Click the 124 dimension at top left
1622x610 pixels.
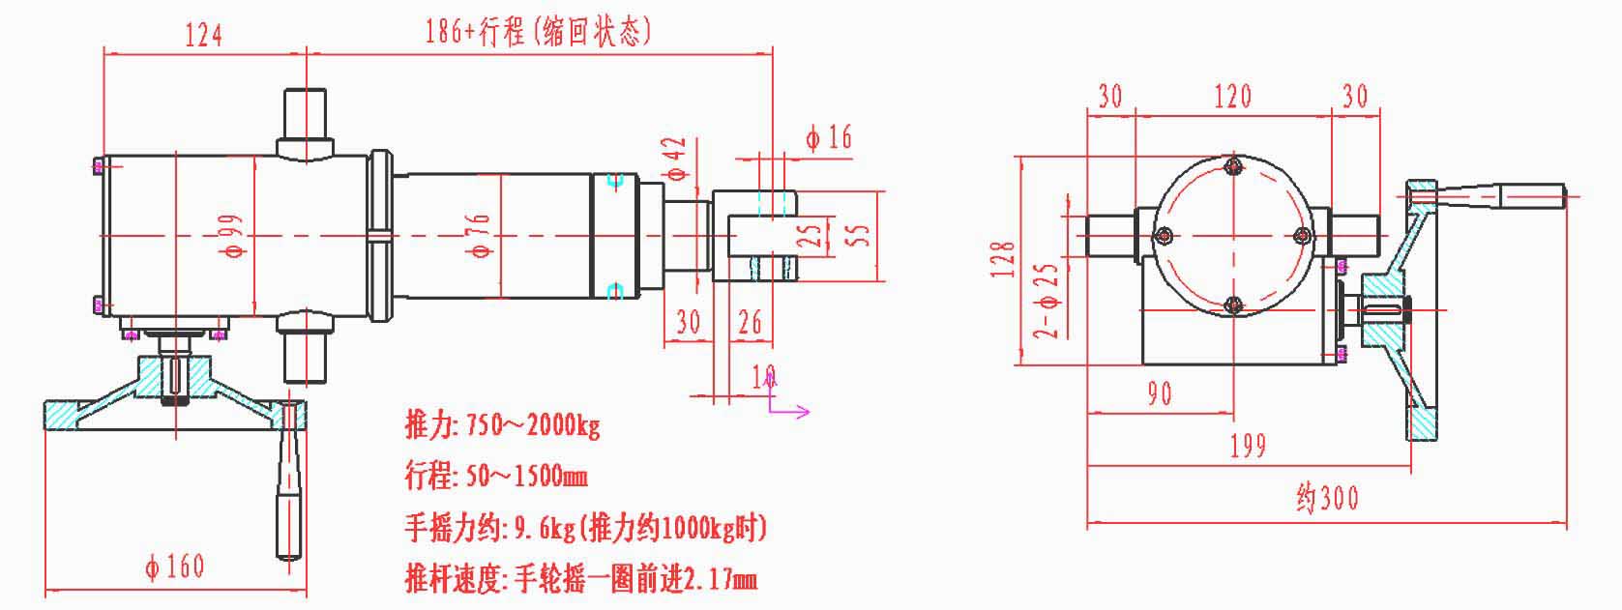coord(204,35)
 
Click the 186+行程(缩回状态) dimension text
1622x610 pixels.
coord(539,32)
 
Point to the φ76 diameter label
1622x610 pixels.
coord(479,236)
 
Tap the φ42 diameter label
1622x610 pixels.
coord(676,159)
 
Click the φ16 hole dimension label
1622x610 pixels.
coord(829,138)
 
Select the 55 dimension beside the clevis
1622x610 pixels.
coord(858,235)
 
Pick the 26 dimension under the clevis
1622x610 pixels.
coord(751,322)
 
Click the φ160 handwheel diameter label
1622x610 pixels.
coord(175,566)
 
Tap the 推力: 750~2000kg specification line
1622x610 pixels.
coord(502,425)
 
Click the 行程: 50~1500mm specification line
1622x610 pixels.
coord(495,477)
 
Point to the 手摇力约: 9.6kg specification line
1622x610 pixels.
coord(585,528)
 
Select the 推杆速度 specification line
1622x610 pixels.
coord(580,579)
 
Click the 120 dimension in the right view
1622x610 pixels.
coord(1232,97)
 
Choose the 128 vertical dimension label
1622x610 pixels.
coord(1003,260)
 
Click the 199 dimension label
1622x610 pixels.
coord(1248,447)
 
